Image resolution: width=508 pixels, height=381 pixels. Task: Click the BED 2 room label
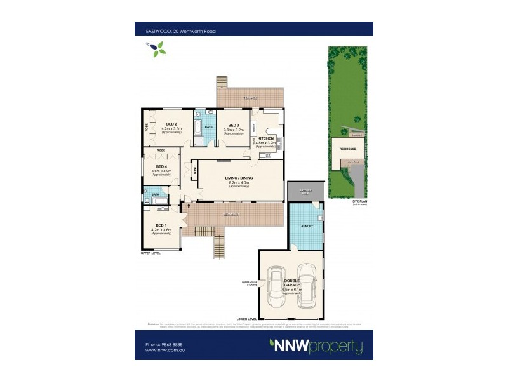(171, 124)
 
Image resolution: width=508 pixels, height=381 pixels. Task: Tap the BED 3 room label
(234, 126)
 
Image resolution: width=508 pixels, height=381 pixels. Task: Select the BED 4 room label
(161, 166)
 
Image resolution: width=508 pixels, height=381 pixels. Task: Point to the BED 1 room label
(161, 226)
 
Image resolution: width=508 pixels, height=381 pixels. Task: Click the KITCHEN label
(266, 138)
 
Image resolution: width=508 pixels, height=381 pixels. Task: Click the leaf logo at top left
(157, 48)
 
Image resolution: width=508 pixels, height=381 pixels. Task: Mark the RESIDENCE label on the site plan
(347, 149)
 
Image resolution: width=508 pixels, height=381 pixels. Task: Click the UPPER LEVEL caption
(150, 253)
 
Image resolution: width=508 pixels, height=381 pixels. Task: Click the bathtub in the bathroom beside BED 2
(198, 129)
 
